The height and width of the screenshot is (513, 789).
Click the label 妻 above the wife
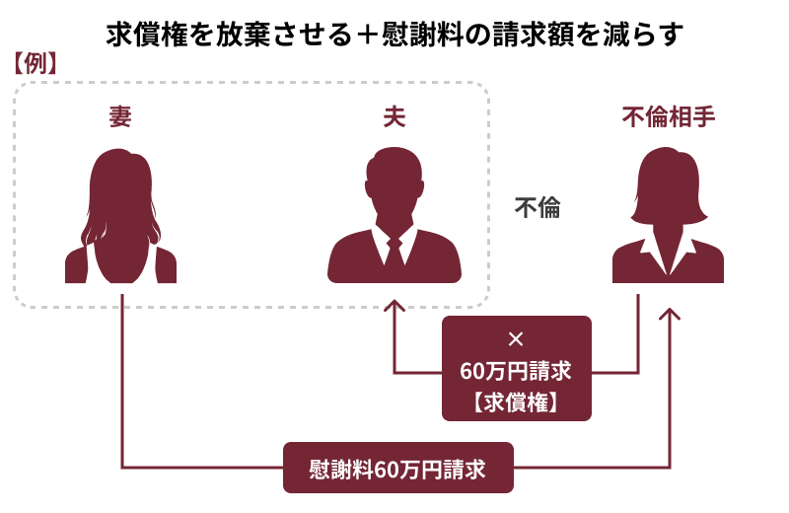[120, 116]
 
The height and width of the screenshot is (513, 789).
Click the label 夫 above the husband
[394, 116]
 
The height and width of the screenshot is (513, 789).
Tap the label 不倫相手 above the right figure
[669, 116]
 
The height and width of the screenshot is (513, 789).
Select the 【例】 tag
[35, 64]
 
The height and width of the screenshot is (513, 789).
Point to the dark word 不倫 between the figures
[538, 207]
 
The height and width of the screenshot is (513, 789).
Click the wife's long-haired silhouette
[120, 215]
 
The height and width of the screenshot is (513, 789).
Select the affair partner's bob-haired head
[669, 185]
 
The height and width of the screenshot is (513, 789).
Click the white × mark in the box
[516, 339]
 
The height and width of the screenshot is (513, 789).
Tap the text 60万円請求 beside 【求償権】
[516, 371]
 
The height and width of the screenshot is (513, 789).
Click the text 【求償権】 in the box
[516, 403]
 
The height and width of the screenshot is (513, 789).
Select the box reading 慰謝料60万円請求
[398, 468]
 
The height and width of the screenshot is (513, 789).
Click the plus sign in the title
[366, 36]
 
